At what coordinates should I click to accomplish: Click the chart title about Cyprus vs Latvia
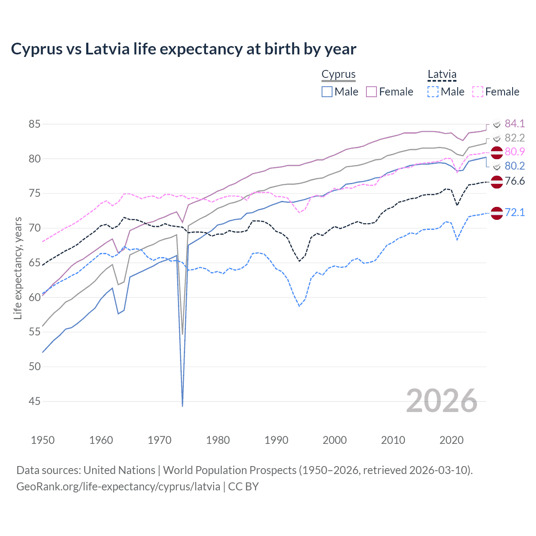pos(183,49)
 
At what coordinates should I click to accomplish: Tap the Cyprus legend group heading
pos(338,75)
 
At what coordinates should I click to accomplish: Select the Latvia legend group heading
pos(442,75)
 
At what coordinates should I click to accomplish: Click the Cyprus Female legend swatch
pos(371,92)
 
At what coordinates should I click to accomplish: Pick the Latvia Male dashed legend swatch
pos(433,92)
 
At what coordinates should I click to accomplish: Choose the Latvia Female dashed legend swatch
pos(478,92)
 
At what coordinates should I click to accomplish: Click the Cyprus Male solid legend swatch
pos(327,92)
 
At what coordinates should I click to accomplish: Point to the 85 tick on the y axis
pos(35,124)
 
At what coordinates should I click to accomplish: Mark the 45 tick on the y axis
pos(35,401)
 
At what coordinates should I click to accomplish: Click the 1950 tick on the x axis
pos(43,440)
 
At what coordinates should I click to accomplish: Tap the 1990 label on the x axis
pos(276,440)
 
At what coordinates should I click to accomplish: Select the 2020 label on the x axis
pos(451,440)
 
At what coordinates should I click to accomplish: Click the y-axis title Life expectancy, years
pos(18,268)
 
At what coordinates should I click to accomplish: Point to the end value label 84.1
pos(515,124)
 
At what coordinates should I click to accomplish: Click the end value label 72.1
pos(515,212)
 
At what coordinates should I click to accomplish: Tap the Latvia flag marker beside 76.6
pos(497,182)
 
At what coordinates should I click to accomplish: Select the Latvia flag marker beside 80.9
pos(497,153)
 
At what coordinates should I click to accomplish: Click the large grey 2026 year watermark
pos(442,401)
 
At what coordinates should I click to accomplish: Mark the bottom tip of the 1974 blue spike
pos(183,406)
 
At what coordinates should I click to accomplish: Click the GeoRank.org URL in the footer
pos(118,487)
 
